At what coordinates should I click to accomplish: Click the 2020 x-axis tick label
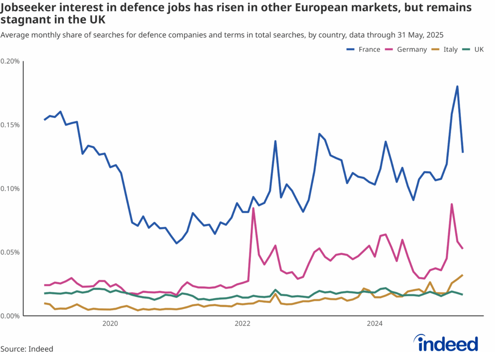coord(110,323)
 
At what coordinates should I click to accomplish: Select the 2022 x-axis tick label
coord(242,323)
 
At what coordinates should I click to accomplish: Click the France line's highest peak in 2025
coord(457,86)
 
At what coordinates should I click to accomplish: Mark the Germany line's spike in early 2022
coord(253,208)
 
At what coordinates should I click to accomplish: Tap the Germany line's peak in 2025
coord(451,204)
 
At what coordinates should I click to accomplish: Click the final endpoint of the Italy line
coord(463,275)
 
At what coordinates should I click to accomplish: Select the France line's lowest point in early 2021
coord(176,243)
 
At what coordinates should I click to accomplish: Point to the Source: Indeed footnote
coord(27,349)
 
